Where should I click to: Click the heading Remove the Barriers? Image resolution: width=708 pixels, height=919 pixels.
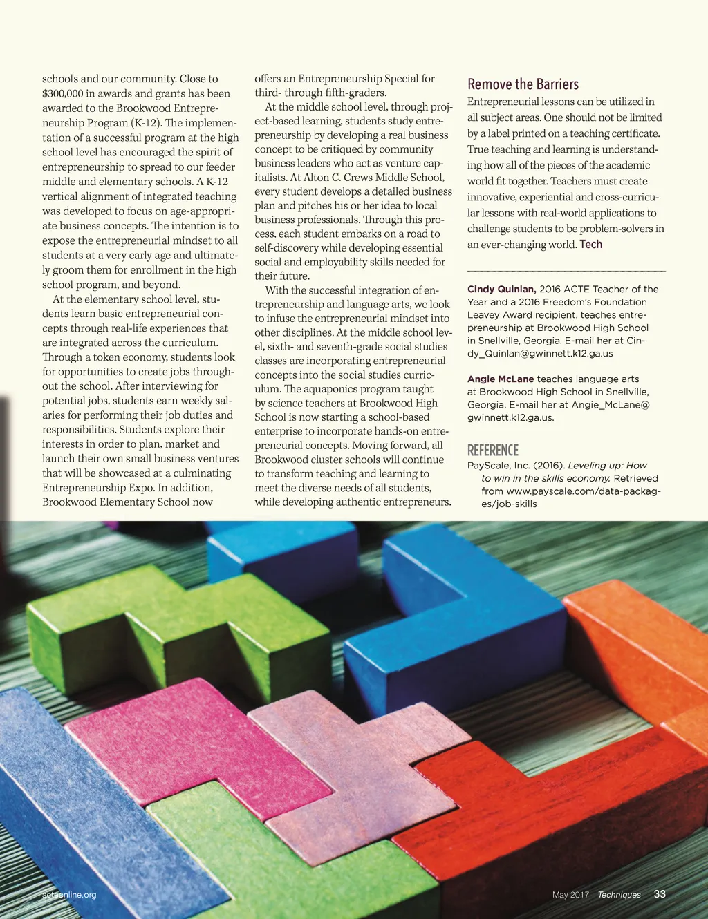pos(523,84)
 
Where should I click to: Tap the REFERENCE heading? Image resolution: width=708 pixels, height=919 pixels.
pos(492,451)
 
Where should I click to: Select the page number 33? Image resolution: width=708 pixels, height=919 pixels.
pos(660,894)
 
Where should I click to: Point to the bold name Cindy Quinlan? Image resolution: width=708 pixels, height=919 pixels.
pos(501,289)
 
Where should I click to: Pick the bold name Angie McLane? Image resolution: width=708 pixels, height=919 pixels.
pos(501,379)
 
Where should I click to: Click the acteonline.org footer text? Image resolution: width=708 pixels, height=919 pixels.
pos(69,895)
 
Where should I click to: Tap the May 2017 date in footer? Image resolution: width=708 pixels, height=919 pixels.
pos(570,895)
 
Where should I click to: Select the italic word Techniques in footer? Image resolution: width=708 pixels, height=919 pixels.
pos(619,895)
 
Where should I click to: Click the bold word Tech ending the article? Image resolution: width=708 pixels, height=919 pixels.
pos(590,245)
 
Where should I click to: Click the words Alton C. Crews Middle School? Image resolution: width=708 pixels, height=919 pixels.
pos(373,178)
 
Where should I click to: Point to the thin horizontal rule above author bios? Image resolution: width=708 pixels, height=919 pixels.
pos(566,271)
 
